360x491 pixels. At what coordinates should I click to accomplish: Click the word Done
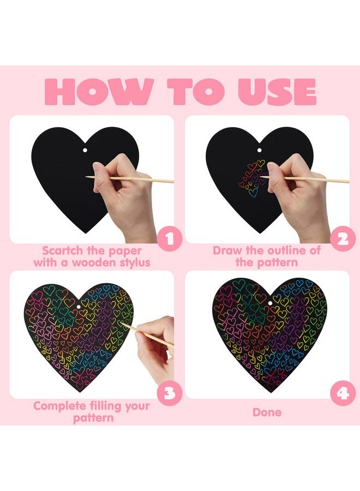(x=267, y=412)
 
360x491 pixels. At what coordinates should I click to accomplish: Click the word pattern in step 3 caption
(x=93, y=418)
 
